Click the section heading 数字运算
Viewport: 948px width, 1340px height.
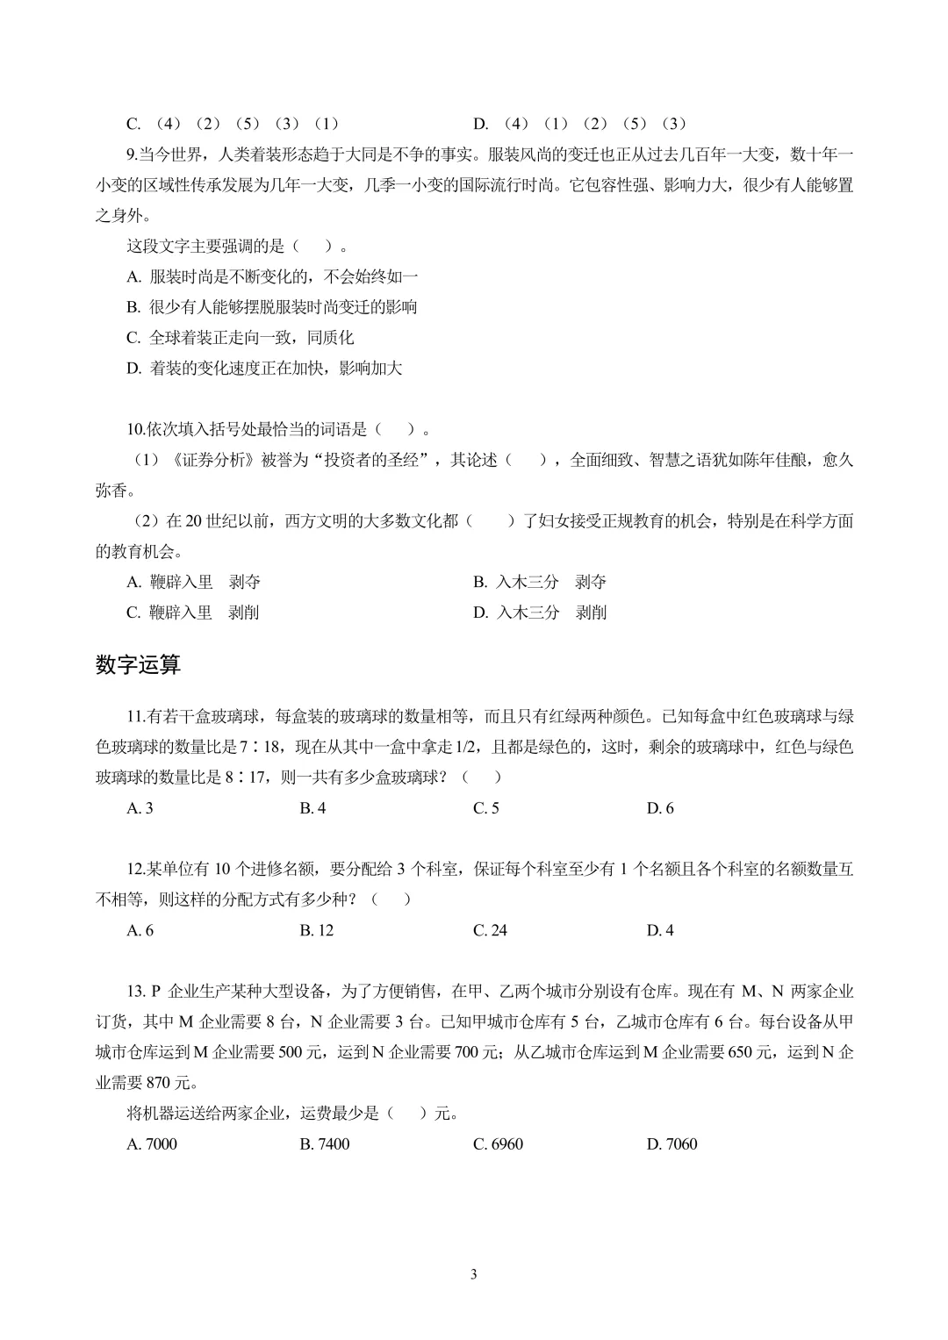[138, 665]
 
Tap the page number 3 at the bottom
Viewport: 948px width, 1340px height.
[474, 1274]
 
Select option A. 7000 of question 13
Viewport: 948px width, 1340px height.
[152, 1143]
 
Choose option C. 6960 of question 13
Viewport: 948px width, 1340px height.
[498, 1143]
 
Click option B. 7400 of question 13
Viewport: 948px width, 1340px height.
[325, 1143]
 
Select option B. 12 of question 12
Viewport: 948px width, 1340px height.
[317, 930]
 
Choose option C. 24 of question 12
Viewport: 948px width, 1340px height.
[490, 930]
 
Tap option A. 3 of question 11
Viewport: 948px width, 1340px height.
[140, 808]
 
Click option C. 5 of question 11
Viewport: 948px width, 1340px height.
[486, 808]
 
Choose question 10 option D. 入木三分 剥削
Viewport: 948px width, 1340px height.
[540, 613]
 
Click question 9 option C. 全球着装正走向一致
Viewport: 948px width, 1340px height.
[240, 338]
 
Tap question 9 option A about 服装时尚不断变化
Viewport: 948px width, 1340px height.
[272, 277]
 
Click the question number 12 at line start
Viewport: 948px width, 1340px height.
[136, 870]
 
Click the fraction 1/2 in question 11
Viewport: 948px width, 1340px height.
[472, 747]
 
